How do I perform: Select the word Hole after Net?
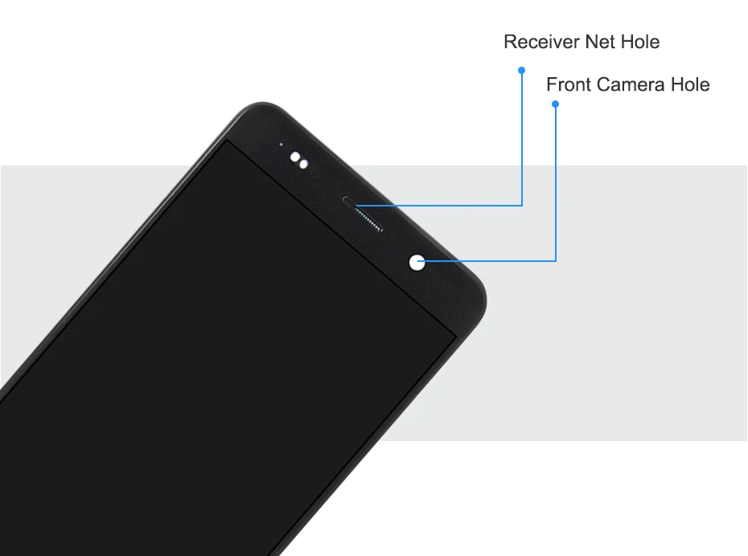(x=640, y=43)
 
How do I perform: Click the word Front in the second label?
(x=569, y=84)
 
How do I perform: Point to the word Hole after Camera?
(x=690, y=84)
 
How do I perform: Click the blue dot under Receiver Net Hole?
(x=521, y=70)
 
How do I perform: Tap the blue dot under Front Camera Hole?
(x=555, y=104)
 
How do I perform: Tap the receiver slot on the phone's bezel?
(x=351, y=200)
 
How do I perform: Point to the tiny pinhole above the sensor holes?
(x=281, y=145)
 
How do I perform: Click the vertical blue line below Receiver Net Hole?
(x=522, y=137)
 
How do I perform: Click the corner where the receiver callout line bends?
(x=522, y=206)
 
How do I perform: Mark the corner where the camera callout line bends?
(x=556, y=260)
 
